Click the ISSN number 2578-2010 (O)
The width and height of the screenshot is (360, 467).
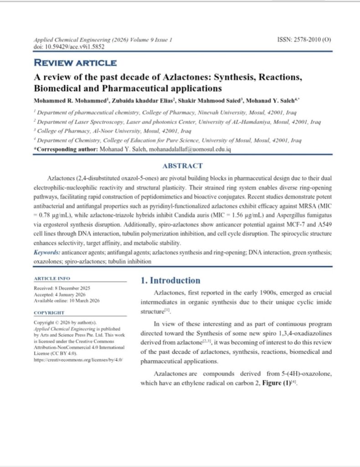(304, 40)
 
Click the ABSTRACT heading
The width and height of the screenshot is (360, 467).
(182, 166)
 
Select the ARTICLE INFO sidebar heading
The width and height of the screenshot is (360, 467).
(52, 278)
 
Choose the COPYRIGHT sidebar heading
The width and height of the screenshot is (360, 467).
(49, 313)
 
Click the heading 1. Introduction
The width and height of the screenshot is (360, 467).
(170, 280)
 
